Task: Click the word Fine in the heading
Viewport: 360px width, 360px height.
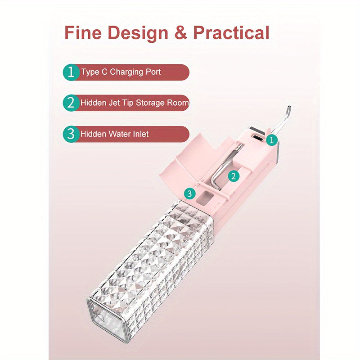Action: [83, 32]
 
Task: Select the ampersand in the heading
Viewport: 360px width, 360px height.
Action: [181, 32]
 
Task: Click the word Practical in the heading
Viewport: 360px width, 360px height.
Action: [231, 32]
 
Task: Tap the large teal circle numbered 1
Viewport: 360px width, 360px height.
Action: [71, 72]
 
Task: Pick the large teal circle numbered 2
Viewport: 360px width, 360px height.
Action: [71, 103]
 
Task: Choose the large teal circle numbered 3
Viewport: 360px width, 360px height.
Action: [71, 134]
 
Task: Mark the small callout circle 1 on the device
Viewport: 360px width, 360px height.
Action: [272, 140]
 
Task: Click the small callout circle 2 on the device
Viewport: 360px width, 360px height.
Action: [234, 176]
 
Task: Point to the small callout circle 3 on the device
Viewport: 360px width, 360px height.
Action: [189, 193]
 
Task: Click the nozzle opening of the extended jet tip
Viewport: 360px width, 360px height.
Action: [289, 107]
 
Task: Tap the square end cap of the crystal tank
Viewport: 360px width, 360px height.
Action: [106, 319]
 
